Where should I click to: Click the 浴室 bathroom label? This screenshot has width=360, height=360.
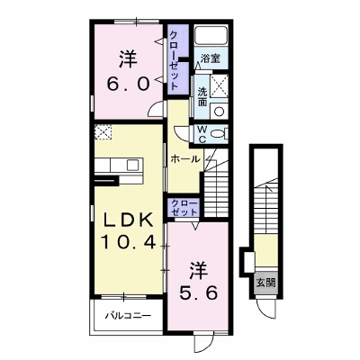coord(210,58)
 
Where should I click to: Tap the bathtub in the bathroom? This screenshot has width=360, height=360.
coord(211,35)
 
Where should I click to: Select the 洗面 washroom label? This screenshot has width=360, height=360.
coord(202,97)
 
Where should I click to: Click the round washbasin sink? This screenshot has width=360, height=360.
coord(220,112)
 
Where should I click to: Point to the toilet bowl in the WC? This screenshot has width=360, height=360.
coord(220,134)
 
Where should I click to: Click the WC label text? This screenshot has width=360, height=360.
coord(202,134)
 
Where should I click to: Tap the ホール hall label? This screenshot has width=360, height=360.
coord(185,159)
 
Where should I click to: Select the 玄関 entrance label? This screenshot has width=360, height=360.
coord(265,283)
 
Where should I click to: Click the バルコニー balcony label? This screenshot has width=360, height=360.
coord(128,316)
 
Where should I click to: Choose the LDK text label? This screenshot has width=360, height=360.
coord(128,221)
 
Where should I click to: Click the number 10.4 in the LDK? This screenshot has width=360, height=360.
coord(128,242)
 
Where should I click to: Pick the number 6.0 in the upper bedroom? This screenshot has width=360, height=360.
coord(128,83)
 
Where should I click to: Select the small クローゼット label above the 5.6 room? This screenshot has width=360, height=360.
coord(184,208)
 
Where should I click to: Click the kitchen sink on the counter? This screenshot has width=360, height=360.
coord(132,165)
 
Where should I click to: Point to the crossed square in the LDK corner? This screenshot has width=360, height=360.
coord(103,132)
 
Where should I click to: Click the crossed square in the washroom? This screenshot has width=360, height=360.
coord(219,86)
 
